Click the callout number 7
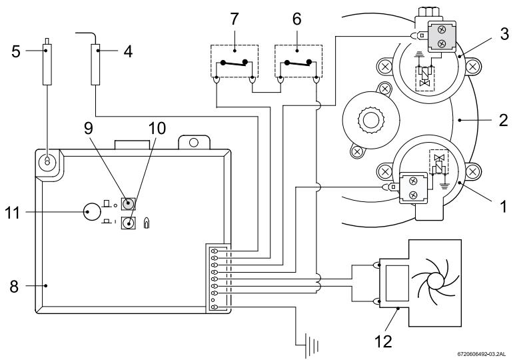coord(234,19)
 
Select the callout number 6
coord(296,19)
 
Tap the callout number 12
coord(383,342)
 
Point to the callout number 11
coord(13,213)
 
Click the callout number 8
coord(14,287)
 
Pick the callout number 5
coord(16,51)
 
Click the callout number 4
coord(128,51)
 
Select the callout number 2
coord(504,120)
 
